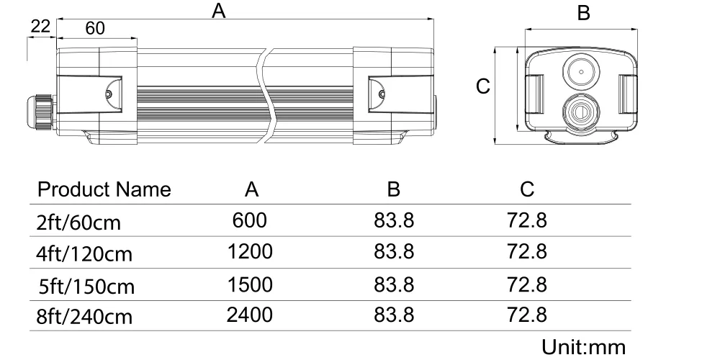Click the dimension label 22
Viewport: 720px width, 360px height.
tap(40, 27)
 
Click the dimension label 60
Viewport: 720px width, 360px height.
tap(95, 28)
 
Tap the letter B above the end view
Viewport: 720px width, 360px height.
tap(585, 14)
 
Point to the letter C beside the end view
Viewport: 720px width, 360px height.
tap(484, 86)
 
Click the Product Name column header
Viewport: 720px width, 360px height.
tap(104, 190)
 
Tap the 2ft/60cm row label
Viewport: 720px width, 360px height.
tap(79, 222)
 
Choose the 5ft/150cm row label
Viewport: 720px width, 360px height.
tap(87, 286)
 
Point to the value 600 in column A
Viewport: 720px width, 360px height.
tap(250, 220)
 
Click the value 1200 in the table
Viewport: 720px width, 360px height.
tap(250, 252)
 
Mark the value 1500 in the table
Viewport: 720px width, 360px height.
tap(250, 284)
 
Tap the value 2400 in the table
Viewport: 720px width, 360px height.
tap(250, 315)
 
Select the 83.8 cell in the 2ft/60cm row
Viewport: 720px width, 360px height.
tap(394, 220)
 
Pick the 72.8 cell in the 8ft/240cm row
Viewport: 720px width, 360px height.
tap(527, 315)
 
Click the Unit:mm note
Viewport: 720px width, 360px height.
tap(584, 346)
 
